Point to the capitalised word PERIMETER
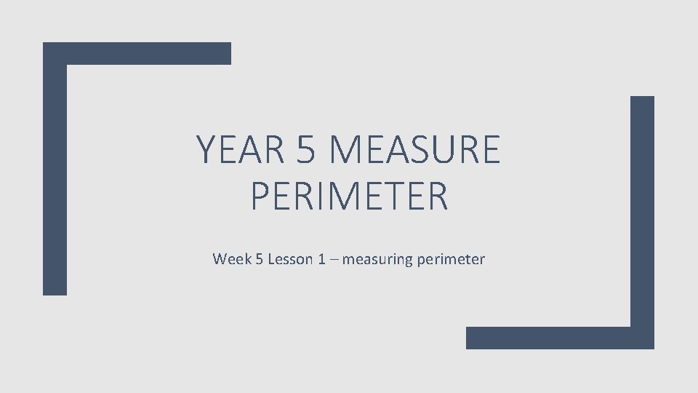coord(349,196)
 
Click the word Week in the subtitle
coord(230,259)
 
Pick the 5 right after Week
coord(258,259)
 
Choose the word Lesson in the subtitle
coord(290,259)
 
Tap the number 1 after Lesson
coord(321,259)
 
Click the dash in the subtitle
coord(334,260)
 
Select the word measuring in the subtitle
coord(377,260)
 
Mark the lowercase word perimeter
coord(451,260)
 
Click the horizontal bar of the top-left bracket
coord(138,53)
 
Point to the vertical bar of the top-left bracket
coord(55,175)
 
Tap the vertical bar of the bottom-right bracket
coord(642,218)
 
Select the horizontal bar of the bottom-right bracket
coord(553,338)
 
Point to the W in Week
coord(220,259)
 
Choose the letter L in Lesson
coord(272,259)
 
